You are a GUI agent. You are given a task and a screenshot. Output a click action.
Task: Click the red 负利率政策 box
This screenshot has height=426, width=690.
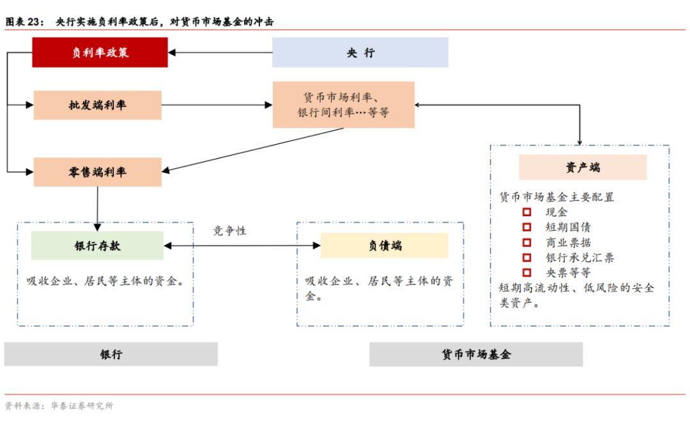[x=100, y=52]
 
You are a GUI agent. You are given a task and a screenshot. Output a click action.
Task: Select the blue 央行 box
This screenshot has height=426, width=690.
[x=360, y=52]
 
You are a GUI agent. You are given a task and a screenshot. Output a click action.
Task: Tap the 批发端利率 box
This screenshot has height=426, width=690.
[x=97, y=105]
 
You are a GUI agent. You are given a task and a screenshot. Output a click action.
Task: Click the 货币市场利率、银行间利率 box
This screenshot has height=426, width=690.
[x=343, y=105]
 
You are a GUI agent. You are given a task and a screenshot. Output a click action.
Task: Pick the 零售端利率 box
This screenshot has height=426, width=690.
[x=97, y=172]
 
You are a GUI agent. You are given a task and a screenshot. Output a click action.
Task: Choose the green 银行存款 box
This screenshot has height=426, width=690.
[x=97, y=246]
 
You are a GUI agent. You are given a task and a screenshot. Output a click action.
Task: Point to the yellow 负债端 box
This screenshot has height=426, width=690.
[x=384, y=246]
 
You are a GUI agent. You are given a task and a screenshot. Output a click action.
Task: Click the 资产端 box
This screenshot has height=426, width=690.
[x=582, y=167]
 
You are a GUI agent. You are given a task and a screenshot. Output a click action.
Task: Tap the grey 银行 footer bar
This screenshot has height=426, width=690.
[x=111, y=355]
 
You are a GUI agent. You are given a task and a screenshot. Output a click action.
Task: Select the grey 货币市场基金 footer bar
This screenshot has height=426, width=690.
[x=475, y=355]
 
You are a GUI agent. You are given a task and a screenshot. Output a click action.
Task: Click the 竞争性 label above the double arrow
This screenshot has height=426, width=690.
[x=229, y=231]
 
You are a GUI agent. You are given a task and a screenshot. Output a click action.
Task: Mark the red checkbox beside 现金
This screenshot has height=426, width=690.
[x=527, y=212]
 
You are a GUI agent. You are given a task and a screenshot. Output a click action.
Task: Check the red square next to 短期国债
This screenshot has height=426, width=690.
[x=527, y=228]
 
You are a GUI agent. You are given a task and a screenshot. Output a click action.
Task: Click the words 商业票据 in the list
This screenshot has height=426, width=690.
[x=568, y=242]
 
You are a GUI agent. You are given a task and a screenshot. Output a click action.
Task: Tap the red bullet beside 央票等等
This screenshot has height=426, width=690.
[x=527, y=272]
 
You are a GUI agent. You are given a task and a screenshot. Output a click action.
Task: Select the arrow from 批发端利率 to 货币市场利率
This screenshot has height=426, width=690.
[x=217, y=105]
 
